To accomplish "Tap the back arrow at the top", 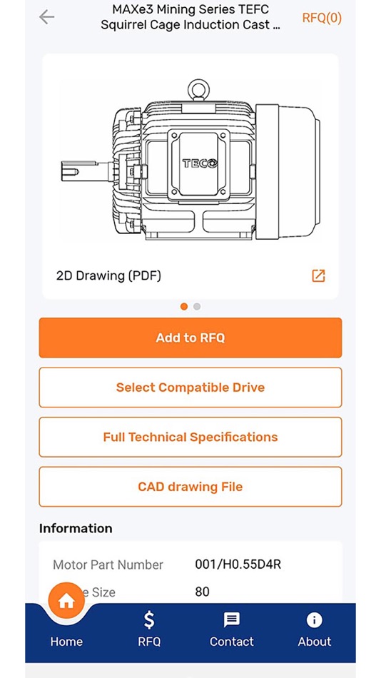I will point(47,17).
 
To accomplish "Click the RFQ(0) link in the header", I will point(322,18).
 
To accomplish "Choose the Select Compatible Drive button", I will point(190,388).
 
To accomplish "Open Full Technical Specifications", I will point(190,437).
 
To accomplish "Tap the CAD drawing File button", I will point(190,487).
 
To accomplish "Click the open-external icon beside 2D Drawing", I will point(318,275).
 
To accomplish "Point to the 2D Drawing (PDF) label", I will point(108,275).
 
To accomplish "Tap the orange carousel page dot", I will point(184,306).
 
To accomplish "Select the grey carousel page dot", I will point(197,306).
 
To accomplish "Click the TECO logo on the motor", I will point(200,163).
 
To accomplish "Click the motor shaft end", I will point(70,171).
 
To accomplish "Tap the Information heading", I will point(76,528).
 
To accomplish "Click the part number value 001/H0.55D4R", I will point(238,565).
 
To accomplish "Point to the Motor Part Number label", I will point(108,565).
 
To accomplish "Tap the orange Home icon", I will point(66,601).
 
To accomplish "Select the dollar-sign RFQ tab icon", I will point(149,619).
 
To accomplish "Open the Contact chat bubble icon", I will point(232,619).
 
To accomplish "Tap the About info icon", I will point(314,619).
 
